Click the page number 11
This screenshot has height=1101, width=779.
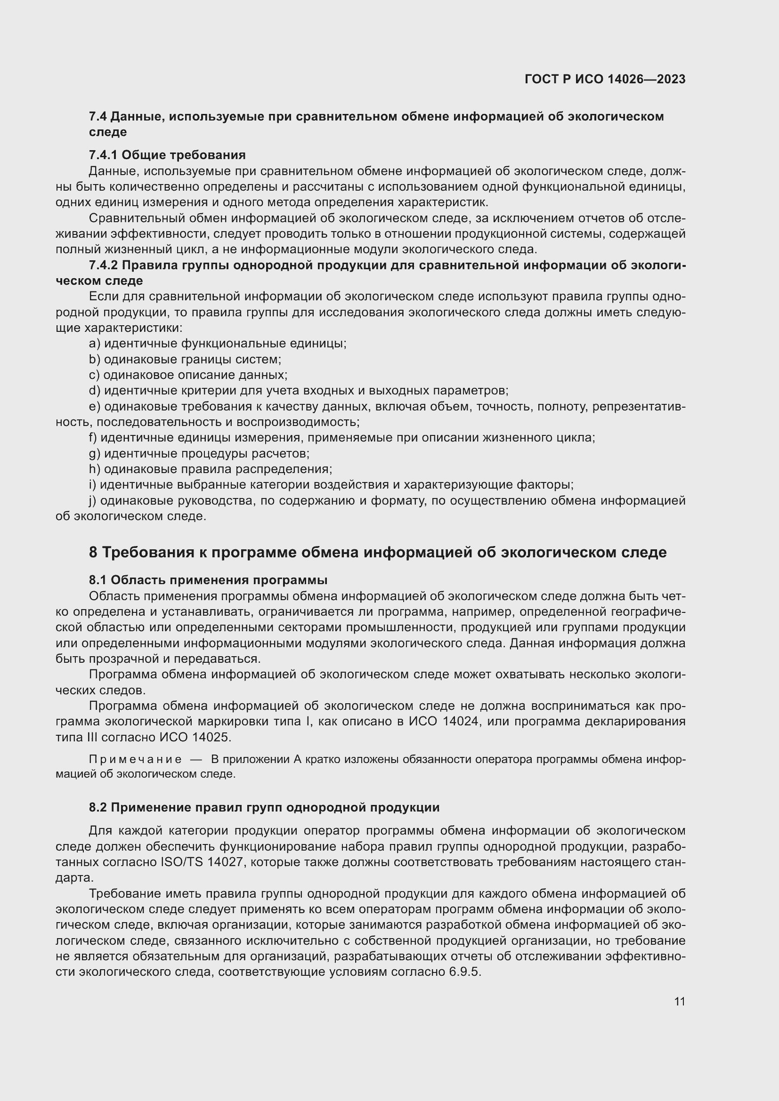[x=679, y=1001]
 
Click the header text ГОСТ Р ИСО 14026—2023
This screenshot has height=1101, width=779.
[x=605, y=79]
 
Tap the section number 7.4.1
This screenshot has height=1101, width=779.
[x=103, y=155]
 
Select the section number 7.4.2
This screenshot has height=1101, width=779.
[x=103, y=265]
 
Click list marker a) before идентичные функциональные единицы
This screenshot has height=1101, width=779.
[x=95, y=343]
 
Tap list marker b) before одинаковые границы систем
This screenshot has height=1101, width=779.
[x=95, y=359]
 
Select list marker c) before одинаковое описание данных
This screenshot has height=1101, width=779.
[x=94, y=375]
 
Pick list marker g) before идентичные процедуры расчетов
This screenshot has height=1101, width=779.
[x=95, y=453]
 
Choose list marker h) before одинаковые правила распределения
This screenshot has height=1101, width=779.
[x=95, y=469]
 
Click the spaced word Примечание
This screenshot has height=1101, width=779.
[x=135, y=759]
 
